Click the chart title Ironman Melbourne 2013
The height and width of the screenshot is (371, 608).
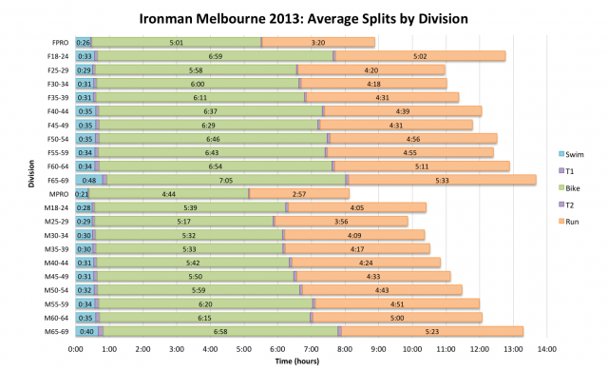[x=304, y=18]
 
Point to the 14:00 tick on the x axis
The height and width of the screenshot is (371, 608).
[x=546, y=349]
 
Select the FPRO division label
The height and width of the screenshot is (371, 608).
[x=60, y=43]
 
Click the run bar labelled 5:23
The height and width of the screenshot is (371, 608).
[x=433, y=330]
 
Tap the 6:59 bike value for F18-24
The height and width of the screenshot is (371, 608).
[x=215, y=56]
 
